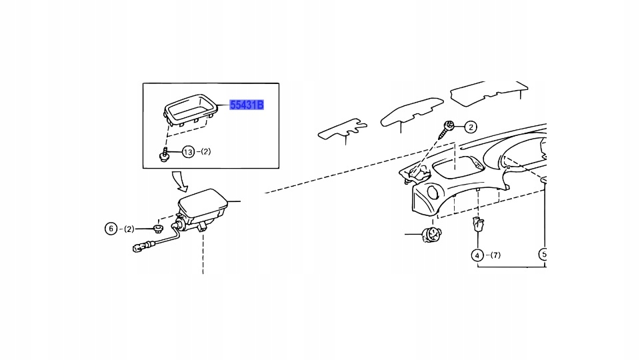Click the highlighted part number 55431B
coord(247,105)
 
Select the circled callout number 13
coord(188,152)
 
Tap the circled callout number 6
coord(112,229)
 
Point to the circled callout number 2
coord(471,127)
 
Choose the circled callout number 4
coord(477,255)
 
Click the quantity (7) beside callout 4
coord(493,255)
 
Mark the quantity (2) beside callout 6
coord(127,229)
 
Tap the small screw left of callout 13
coord(163,155)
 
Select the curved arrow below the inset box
coord(179,179)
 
